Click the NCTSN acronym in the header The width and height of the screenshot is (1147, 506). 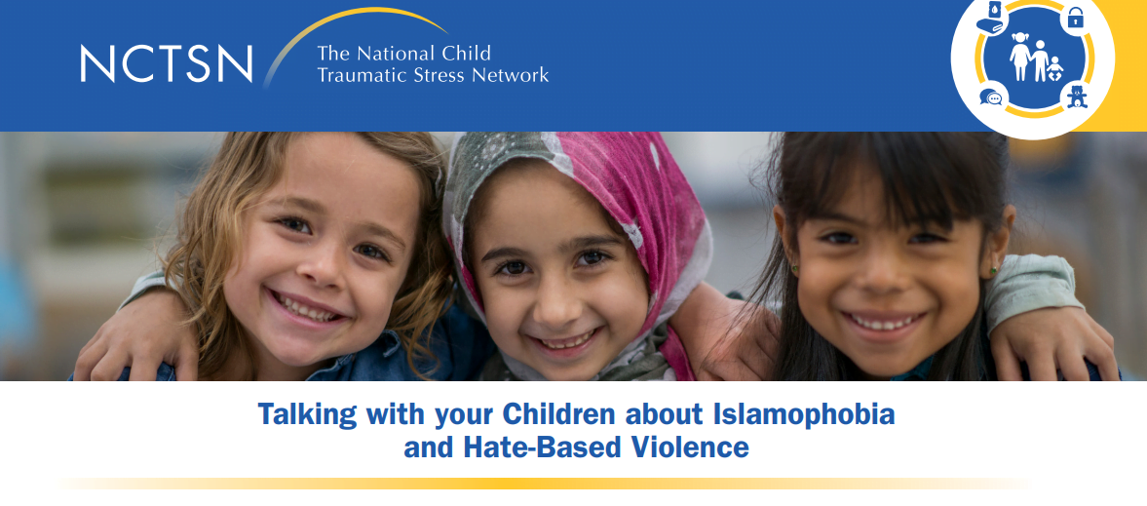166,63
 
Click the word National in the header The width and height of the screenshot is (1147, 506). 399,53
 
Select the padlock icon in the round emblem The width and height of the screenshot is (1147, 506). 1075,17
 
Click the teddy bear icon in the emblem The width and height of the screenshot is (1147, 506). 1076,97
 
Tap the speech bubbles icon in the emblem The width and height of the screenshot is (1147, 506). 991,98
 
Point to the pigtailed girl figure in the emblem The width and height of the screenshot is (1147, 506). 1020,57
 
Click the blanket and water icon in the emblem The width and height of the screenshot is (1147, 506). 992,16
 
